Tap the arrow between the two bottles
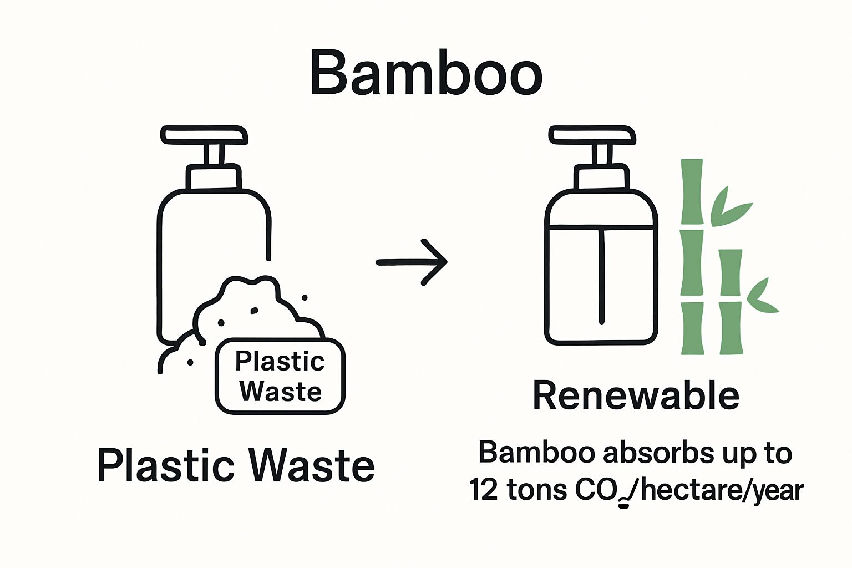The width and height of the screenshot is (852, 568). tap(412, 262)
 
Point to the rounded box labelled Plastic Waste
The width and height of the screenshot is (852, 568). tap(280, 377)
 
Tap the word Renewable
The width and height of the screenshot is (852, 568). tap(636, 395)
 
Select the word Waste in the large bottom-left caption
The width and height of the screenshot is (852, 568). tap(311, 466)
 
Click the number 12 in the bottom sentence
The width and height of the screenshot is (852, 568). tap(484, 490)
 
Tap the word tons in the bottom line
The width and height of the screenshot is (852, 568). tap(537, 490)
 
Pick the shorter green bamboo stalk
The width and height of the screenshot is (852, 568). tap(731, 302)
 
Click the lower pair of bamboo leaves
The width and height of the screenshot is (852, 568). tap(762, 297)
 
